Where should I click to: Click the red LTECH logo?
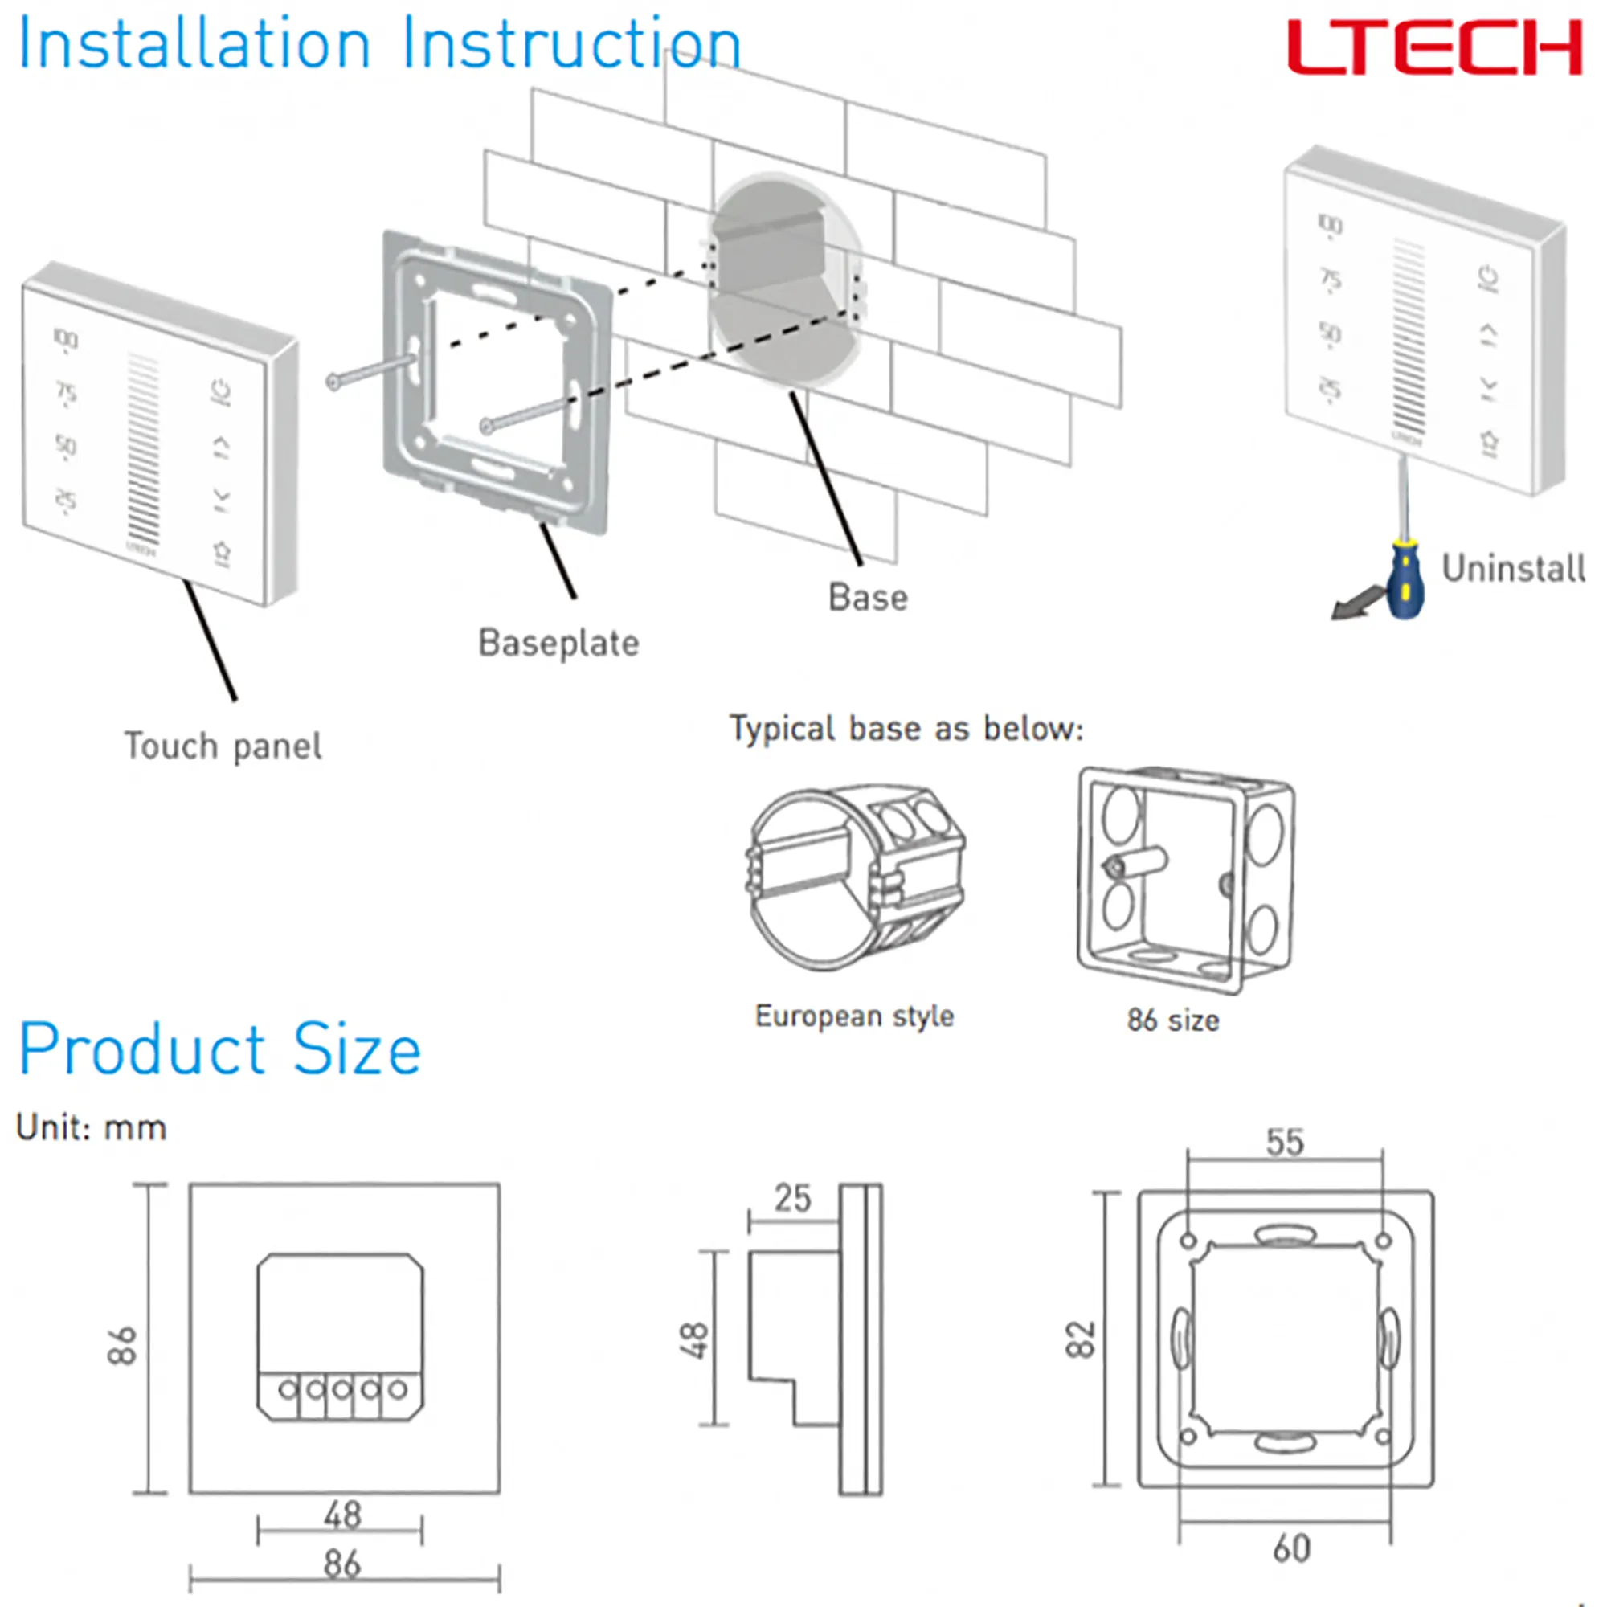1433,47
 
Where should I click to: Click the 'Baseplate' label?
558,643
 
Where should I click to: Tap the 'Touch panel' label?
222,746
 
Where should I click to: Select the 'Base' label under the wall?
868,597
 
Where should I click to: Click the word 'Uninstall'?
1512,569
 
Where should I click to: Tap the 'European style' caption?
854,1016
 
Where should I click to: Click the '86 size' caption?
1173,1020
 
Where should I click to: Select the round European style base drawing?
855,877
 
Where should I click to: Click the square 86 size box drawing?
1184,879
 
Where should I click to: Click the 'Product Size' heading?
219,1049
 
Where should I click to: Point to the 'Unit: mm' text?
92,1129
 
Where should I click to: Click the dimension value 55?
1284,1143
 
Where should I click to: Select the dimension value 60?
1291,1549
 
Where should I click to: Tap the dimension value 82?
1081,1339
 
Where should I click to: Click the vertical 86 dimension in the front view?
121,1345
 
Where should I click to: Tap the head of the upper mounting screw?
333,382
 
